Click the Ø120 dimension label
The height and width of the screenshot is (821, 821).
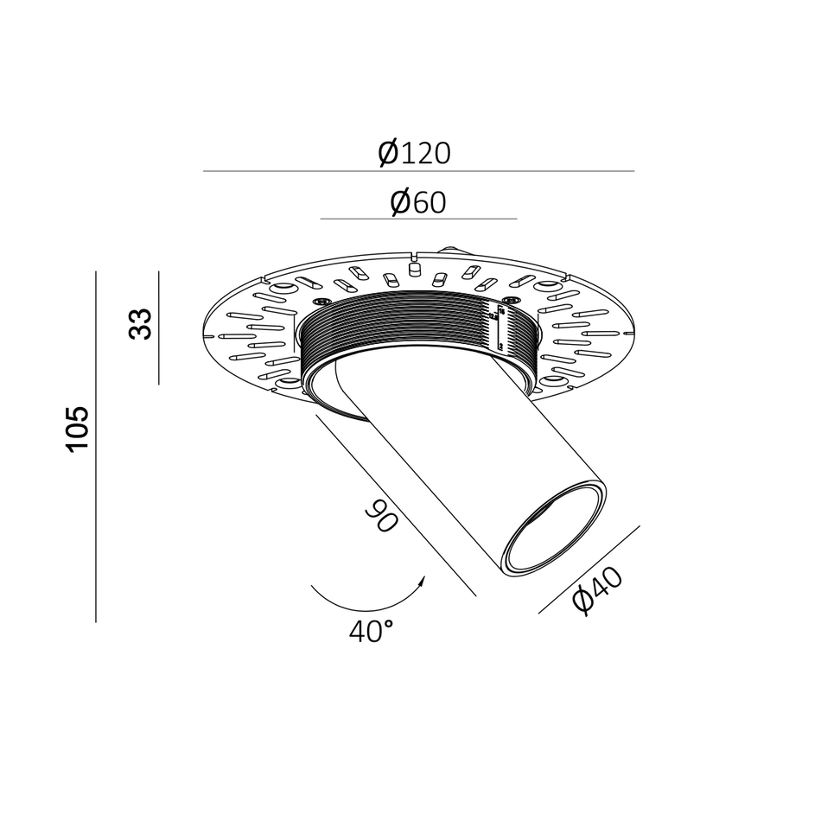point(415,153)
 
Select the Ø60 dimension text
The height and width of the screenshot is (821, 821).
point(417,202)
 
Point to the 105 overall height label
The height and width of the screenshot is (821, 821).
point(77,429)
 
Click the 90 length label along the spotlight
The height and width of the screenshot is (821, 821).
point(381,518)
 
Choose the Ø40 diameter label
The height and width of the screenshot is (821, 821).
point(597,591)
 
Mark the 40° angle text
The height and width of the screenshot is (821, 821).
point(372,632)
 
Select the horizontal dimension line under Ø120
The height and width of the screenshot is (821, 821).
point(418,171)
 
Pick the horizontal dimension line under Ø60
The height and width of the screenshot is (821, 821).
point(418,219)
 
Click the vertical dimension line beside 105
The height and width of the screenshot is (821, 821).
point(96,446)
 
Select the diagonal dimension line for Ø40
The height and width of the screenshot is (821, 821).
point(589,570)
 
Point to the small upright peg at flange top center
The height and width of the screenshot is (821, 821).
point(413,269)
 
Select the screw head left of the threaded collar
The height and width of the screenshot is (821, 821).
point(322,300)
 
